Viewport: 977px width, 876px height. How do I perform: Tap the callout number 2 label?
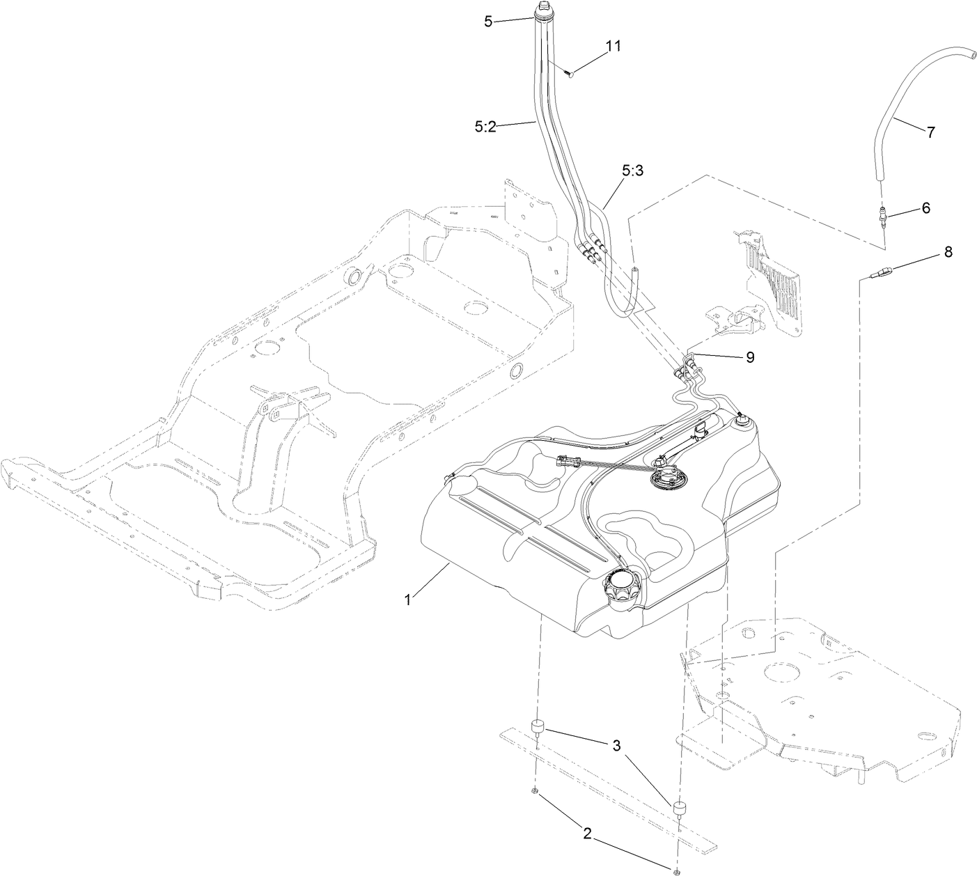coord(588,834)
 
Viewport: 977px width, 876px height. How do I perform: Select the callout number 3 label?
coord(616,746)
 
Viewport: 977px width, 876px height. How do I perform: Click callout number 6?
coord(925,208)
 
